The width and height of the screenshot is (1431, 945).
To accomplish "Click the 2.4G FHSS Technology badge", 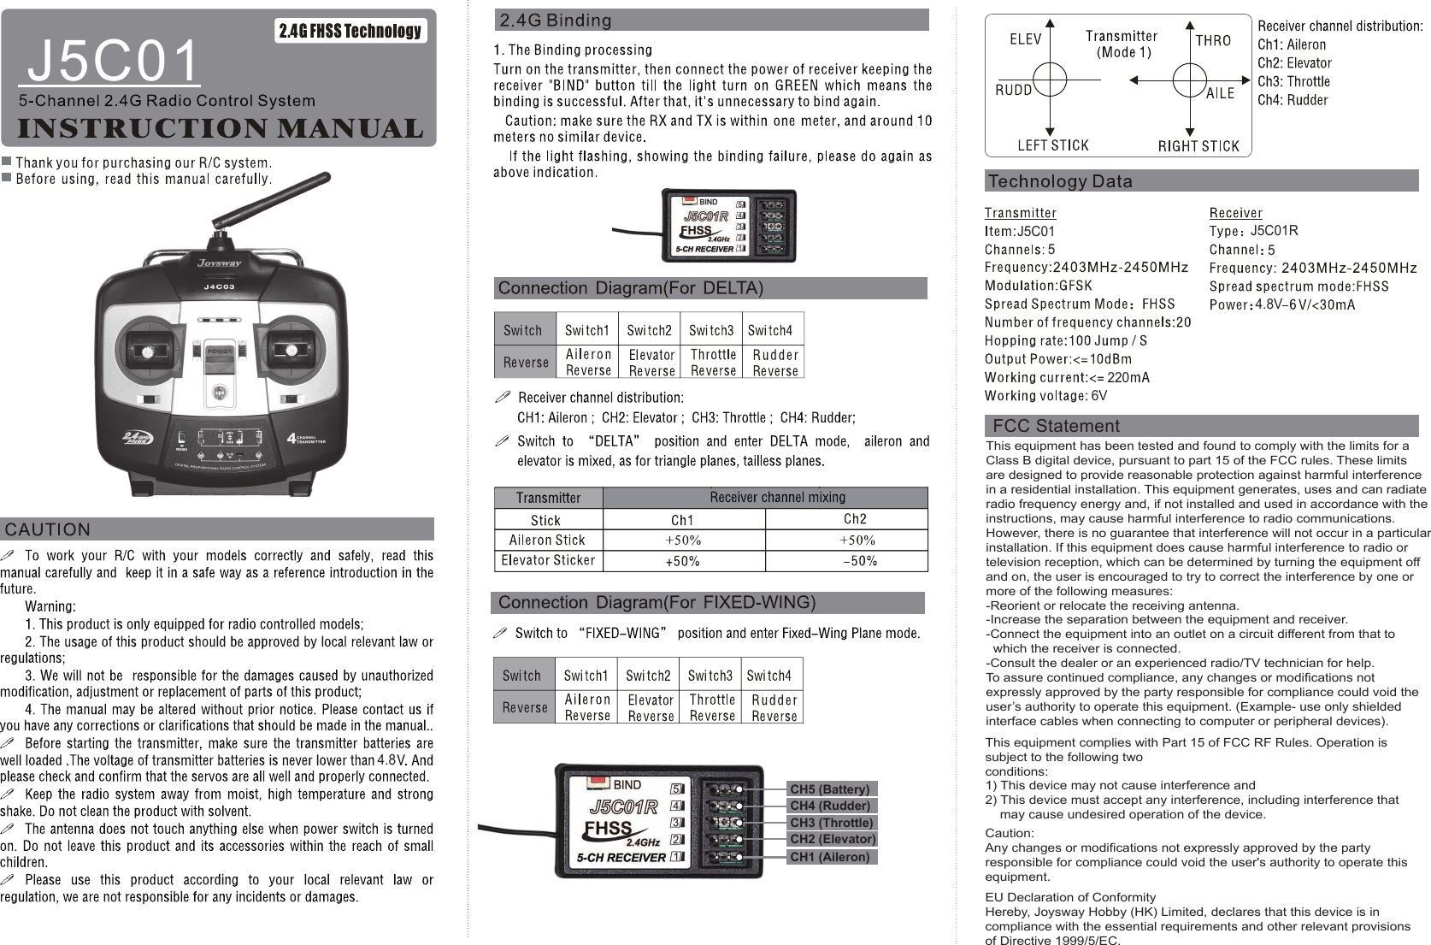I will pos(350,32).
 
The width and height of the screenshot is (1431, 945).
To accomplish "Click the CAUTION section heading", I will pos(48,530).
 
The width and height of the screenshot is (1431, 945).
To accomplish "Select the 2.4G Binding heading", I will pos(556,20).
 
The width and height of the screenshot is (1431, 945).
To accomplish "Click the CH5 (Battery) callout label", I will pos(829,788).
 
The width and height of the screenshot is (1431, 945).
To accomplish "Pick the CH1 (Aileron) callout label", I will pos(829,857).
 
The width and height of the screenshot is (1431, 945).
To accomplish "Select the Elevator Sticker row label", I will pos(548,561).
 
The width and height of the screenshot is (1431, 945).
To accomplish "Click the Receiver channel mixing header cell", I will pos(777,497).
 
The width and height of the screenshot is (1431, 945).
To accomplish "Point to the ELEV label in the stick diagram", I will pos(1025,39).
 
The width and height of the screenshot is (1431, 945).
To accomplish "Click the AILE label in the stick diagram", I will pos(1219,93).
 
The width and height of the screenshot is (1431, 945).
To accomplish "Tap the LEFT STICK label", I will pos(1052,145).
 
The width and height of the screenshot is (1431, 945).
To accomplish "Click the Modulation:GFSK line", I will pos(1038,286).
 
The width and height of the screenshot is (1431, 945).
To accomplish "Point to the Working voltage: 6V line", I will pos(1045,396).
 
